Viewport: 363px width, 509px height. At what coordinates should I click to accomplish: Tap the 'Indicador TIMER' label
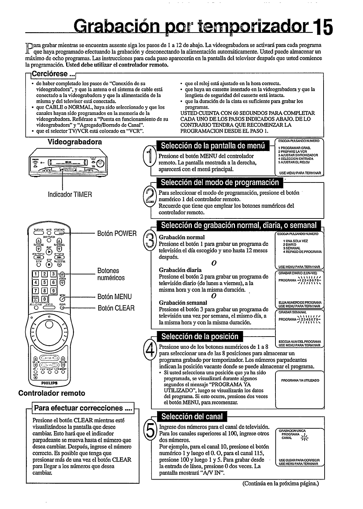click(x=70, y=194)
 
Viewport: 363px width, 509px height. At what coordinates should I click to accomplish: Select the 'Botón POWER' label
click(x=117, y=233)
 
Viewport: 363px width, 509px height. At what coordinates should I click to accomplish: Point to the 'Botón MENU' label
click(x=115, y=296)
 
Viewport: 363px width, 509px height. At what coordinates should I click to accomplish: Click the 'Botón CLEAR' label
click(x=116, y=308)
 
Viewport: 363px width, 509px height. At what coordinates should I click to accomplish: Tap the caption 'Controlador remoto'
click(x=52, y=393)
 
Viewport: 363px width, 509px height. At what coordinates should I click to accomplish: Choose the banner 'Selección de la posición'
click(x=200, y=336)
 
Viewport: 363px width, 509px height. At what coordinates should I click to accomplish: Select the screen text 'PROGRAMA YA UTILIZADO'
click(x=300, y=381)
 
